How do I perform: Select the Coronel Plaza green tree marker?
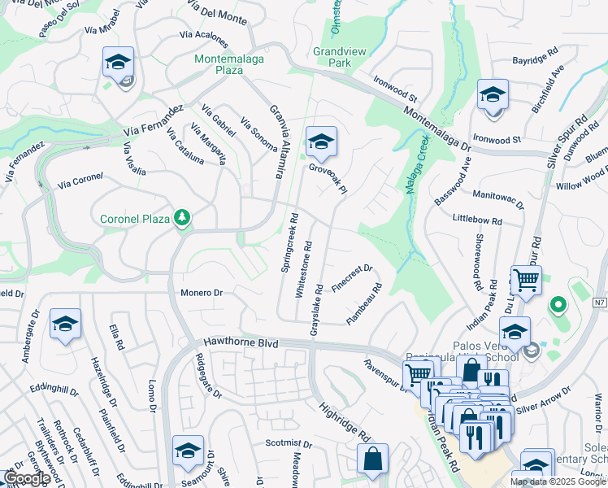184,217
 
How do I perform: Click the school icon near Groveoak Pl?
321,142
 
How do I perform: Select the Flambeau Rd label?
365,304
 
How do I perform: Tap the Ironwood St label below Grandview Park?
395,89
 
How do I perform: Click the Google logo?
27,478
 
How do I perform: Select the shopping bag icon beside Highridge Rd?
372,460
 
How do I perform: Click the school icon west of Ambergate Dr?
65,325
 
